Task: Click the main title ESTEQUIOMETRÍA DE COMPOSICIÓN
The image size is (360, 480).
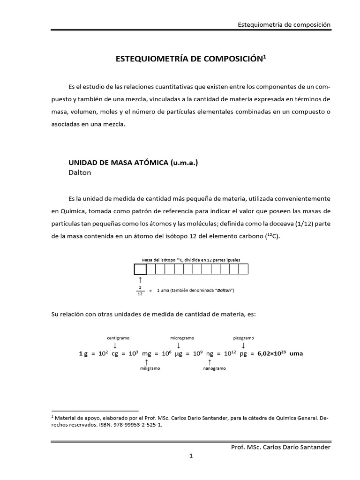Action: coord(190,60)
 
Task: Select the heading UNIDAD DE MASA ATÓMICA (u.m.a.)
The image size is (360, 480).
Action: coord(134,162)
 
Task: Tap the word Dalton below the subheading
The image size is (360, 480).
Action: coord(80,172)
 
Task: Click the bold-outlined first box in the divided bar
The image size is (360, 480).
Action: coord(140,269)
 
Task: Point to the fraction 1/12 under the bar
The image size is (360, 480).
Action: coord(140,290)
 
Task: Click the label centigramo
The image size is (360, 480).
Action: coord(118,337)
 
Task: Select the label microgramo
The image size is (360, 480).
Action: coord(182,337)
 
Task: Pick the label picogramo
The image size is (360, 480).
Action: coord(243,337)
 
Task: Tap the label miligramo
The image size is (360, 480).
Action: coord(150,368)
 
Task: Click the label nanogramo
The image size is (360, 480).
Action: coord(214,368)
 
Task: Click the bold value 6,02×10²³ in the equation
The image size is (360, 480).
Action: coord(271,354)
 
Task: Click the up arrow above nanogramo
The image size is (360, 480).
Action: coord(209,362)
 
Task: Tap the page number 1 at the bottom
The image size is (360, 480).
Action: coord(191,456)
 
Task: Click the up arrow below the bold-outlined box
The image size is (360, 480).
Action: coord(140,280)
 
